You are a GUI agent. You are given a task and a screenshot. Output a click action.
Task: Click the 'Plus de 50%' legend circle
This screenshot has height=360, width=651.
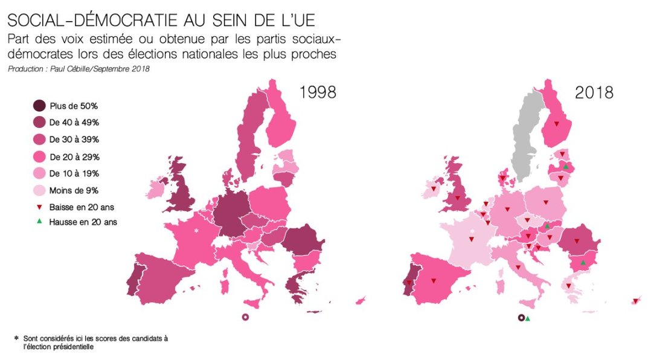click(x=39, y=105)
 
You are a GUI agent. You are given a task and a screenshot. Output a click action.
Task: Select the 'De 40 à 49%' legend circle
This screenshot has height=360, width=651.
click(x=39, y=122)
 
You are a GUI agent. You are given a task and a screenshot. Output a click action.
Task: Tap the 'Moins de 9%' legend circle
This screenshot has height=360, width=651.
click(x=39, y=190)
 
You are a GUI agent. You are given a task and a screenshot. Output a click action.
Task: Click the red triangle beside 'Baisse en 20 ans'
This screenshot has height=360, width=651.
click(x=39, y=207)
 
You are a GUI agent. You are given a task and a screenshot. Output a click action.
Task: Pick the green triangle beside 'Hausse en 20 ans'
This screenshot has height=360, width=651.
click(x=39, y=222)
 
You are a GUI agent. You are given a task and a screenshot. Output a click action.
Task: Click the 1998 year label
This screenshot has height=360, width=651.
click(x=318, y=92)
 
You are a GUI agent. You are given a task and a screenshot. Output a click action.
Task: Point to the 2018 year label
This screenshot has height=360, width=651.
click(x=594, y=92)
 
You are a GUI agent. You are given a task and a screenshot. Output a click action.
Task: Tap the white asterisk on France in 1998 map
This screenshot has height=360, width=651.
click(x=196, y=231)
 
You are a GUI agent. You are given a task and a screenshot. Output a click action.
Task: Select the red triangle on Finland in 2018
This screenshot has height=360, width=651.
click(x=557, y=124)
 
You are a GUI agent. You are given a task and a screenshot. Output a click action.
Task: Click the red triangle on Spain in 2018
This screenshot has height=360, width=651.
click(x=434, y=281)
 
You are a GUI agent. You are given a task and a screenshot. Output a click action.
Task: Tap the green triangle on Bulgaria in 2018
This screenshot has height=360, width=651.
click(x=583, y=263)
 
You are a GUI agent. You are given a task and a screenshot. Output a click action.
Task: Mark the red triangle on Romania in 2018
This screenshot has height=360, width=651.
click(x=577, y=242)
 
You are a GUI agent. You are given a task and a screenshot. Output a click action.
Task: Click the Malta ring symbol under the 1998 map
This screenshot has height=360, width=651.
click(x=245, y=317)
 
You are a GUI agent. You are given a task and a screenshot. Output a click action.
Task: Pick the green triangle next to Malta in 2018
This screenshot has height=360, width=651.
click(x=528, y=318)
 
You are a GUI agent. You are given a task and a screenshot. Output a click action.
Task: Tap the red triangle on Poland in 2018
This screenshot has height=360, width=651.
click(x=545, y=203)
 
